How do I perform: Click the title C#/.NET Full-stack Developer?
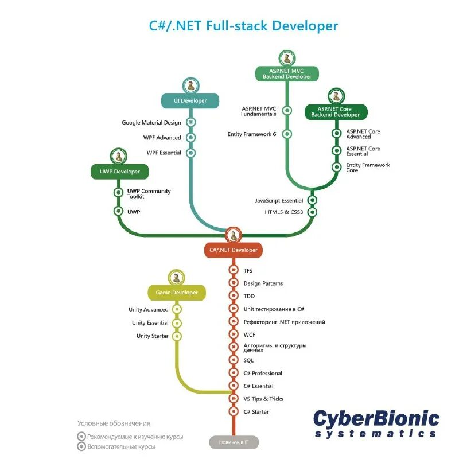[x=243, y=26]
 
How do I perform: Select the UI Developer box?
[x=190, y=100]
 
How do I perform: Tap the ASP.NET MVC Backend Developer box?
[x=286, y=73]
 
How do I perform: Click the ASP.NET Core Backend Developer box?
[x=336, y=111]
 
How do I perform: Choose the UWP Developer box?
[x=119, y=171]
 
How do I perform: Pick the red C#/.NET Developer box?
[x=234, y=250]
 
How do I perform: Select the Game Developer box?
[x=177, y=293]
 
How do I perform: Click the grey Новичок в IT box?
[x=234, y=442]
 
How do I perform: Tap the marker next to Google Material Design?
[x=191, y=122]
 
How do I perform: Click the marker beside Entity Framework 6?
[x=287, y=134]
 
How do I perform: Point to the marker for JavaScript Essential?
[x=312, y=200]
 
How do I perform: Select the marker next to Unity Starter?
[x=177, y=336]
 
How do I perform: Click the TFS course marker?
[x=234, y=270]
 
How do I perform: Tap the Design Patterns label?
[x=263, y=283]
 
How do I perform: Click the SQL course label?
[x=248, y=360]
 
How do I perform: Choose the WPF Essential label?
[x=164, y=153]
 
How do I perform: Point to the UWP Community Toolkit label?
[x=149, y=194]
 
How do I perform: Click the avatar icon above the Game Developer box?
[x=177, y=278]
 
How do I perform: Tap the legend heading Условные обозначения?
[x=114, y=423]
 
